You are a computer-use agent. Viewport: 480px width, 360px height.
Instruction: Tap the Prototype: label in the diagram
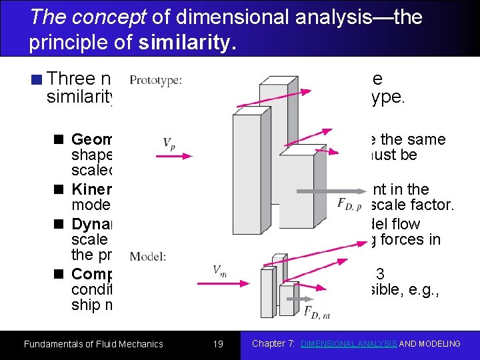point(155,81)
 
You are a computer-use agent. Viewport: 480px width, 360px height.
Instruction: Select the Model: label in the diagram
point(147,256)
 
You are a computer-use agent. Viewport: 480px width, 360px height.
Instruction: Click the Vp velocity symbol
point(169,143)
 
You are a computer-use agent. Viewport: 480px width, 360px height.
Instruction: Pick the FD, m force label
point(317,312)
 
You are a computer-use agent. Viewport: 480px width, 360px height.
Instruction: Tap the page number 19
point(217,344)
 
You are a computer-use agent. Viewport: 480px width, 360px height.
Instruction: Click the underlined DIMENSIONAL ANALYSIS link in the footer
point(348,344)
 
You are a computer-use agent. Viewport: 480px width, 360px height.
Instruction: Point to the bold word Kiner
point(92,189)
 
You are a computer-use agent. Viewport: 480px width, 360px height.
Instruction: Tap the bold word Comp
point(93,274)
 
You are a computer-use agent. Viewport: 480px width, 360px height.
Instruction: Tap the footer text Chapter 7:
point(274,344)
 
